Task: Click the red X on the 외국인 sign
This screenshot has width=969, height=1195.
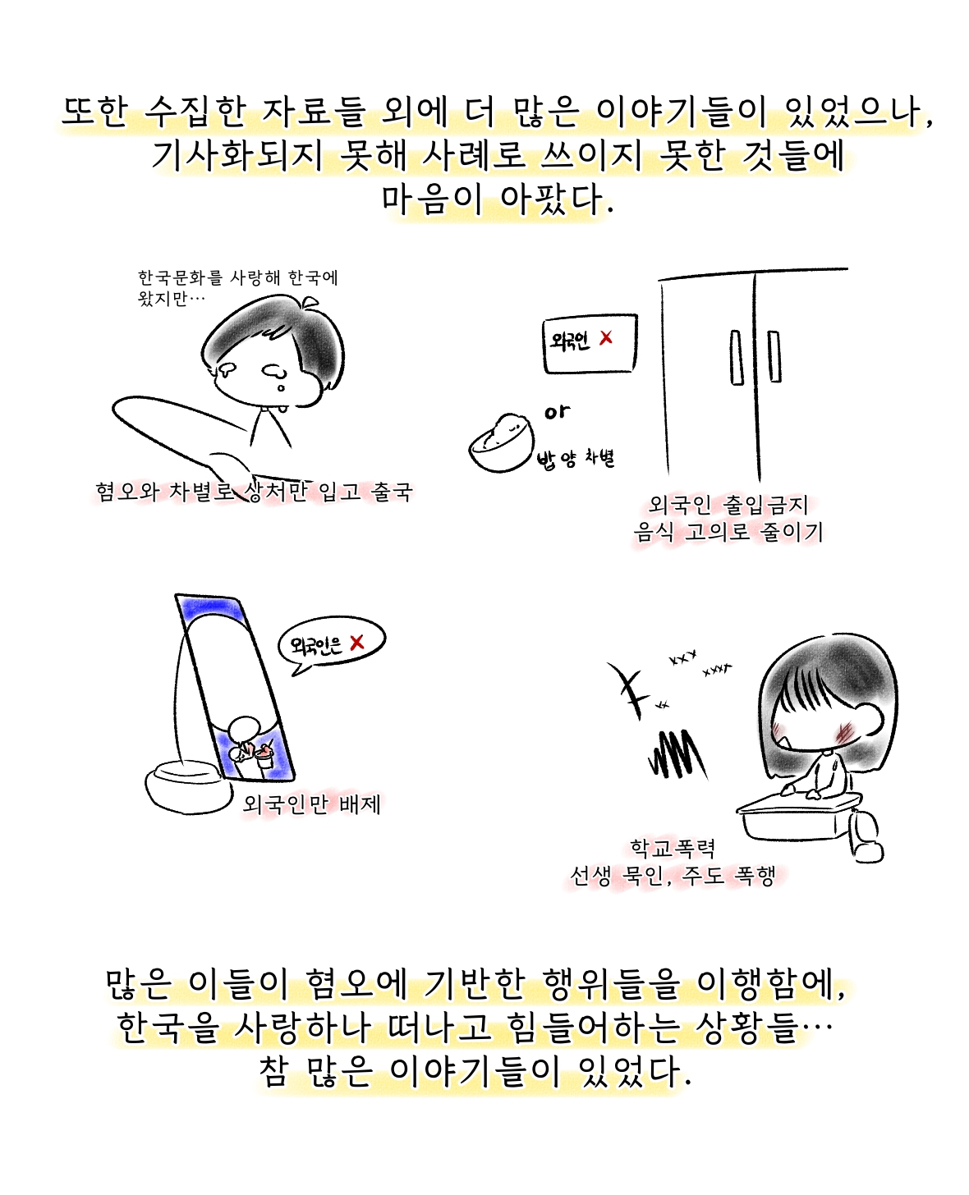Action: tap(606, 338)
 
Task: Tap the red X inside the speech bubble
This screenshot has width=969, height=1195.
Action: tap(357, 643)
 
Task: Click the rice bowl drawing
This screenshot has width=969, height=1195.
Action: tap(501, 443)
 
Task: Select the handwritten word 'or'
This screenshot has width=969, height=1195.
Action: tap(557, 412)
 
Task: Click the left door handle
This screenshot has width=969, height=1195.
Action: tap(737, 357)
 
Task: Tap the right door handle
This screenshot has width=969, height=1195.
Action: tap(774, 356)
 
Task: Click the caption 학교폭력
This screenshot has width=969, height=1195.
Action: tap(672, 849)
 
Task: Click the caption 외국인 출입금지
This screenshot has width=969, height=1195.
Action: tap(728, 505)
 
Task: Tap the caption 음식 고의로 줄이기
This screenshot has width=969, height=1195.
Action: tap(728, 531)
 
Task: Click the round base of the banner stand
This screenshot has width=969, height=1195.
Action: tap(189, 785)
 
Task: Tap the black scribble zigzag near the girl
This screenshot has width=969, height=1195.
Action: tap(676, 753)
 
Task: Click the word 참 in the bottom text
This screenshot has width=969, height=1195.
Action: tap(274, 1071)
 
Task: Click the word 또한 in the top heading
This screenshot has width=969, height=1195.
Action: tap(95, 112)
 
